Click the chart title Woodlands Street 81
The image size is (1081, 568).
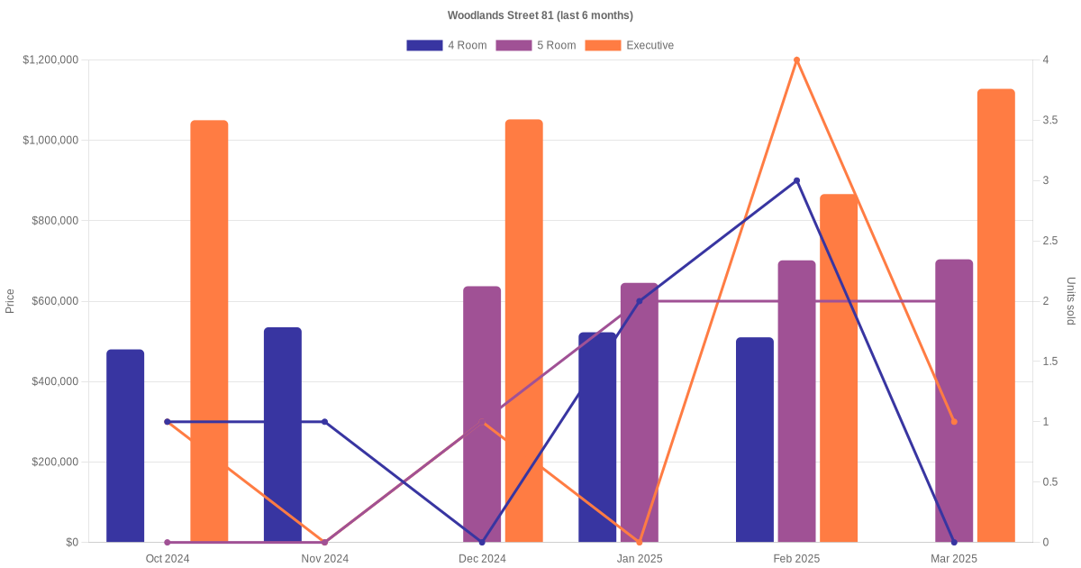point(540,15)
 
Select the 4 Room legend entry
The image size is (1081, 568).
point(447,45)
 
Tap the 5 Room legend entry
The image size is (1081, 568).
point(536,45)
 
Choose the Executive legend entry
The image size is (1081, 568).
point(629,45)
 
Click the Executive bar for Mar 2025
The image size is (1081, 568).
point(995,316)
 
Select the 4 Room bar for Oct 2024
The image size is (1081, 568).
point(125,445)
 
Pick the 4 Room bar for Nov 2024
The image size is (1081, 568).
point(283,435)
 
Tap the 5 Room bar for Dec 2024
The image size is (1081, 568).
point(482,414)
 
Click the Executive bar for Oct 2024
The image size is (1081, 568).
point(209,331)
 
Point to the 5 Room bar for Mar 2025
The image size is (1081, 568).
point(954,400)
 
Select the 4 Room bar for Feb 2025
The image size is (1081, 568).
point(755,440)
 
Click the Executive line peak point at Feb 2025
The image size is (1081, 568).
point(796,60)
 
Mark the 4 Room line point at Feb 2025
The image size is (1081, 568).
point(796,180)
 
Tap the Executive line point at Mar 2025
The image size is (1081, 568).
point(954,422)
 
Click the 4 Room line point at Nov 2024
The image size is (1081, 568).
point(325,422)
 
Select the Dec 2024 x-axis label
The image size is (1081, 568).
point(482,559)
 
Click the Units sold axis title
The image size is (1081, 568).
point(1071,301)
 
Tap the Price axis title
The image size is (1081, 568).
point(10,301)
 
